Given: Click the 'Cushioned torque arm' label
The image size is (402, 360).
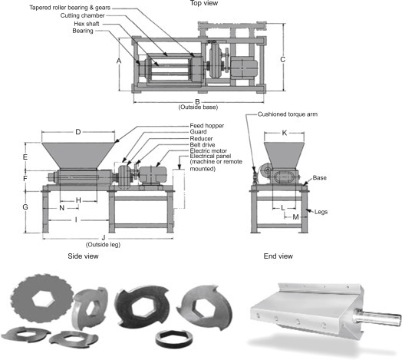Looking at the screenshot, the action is tap(288, 114).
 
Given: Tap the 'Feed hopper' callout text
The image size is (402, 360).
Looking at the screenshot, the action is tap(206, 126).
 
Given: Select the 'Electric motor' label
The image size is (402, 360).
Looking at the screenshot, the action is tap(208, 150).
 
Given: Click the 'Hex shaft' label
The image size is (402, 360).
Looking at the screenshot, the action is tap(87, 24).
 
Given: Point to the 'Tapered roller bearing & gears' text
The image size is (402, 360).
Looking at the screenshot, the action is tap(70, 8).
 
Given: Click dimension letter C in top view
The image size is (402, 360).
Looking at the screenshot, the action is tap(282, 60).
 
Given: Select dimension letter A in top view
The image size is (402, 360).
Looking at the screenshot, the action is tap(119, 61).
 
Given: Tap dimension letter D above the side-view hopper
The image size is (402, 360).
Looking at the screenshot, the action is tap(78, 132).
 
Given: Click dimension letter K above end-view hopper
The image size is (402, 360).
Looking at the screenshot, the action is tap(285, 133).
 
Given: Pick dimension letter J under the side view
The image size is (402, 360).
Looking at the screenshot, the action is tap(104, 238).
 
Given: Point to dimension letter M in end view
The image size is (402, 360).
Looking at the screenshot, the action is tap(295, 217).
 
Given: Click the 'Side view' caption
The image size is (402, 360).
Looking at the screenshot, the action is tap(83, 256).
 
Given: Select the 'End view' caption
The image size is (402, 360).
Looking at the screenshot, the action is tap(278, 256).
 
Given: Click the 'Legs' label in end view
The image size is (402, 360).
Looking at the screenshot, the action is tap(321, 212).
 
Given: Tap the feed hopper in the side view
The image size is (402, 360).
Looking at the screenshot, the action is tap(78, 156).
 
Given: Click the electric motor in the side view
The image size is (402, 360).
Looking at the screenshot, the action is tap(153, 176).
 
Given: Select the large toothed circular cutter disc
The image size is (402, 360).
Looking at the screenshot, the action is tap(42, 298).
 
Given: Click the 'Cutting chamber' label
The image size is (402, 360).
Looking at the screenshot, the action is tap(83, 15).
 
